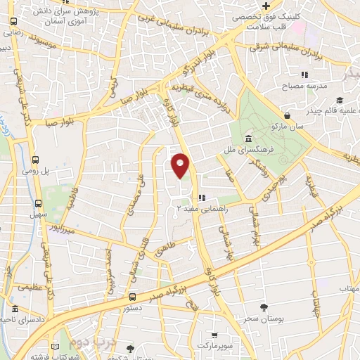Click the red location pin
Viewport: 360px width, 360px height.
tap(181, 165)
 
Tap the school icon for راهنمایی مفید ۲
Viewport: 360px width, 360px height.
tap(202, 198)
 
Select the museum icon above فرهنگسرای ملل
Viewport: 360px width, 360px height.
tap(249, 139)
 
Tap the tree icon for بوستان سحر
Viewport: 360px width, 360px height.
tap(263, 307)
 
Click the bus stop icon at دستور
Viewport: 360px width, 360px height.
tap(132, 297)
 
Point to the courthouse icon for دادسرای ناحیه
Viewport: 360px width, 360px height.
tap(15, 310)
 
